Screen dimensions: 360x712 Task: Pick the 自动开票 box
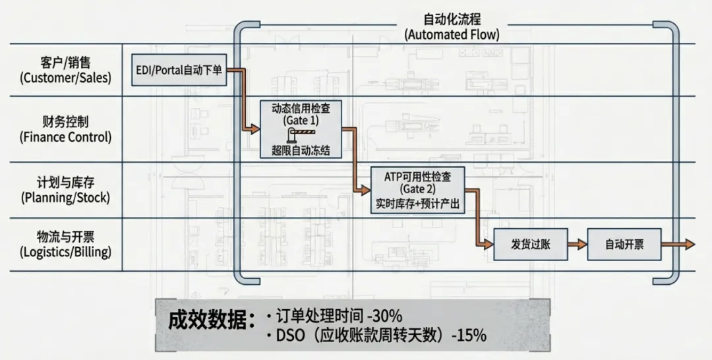(624, 245)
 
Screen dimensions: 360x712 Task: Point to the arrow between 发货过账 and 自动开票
(577, 245)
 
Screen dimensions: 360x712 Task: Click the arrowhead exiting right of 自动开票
(690, 245)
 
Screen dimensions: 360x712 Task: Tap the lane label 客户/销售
(65, 63)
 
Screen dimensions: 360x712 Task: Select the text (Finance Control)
(65, 137)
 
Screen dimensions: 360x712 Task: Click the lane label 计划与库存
(65, 183)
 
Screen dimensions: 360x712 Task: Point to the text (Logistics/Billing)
(65, 251)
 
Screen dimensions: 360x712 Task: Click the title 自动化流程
(452, 20)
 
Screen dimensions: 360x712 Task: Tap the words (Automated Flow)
(452, 34)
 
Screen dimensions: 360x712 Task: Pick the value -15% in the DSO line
(469, 335)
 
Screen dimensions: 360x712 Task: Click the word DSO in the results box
(290, 335)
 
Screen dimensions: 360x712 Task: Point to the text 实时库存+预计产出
(417, 204)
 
